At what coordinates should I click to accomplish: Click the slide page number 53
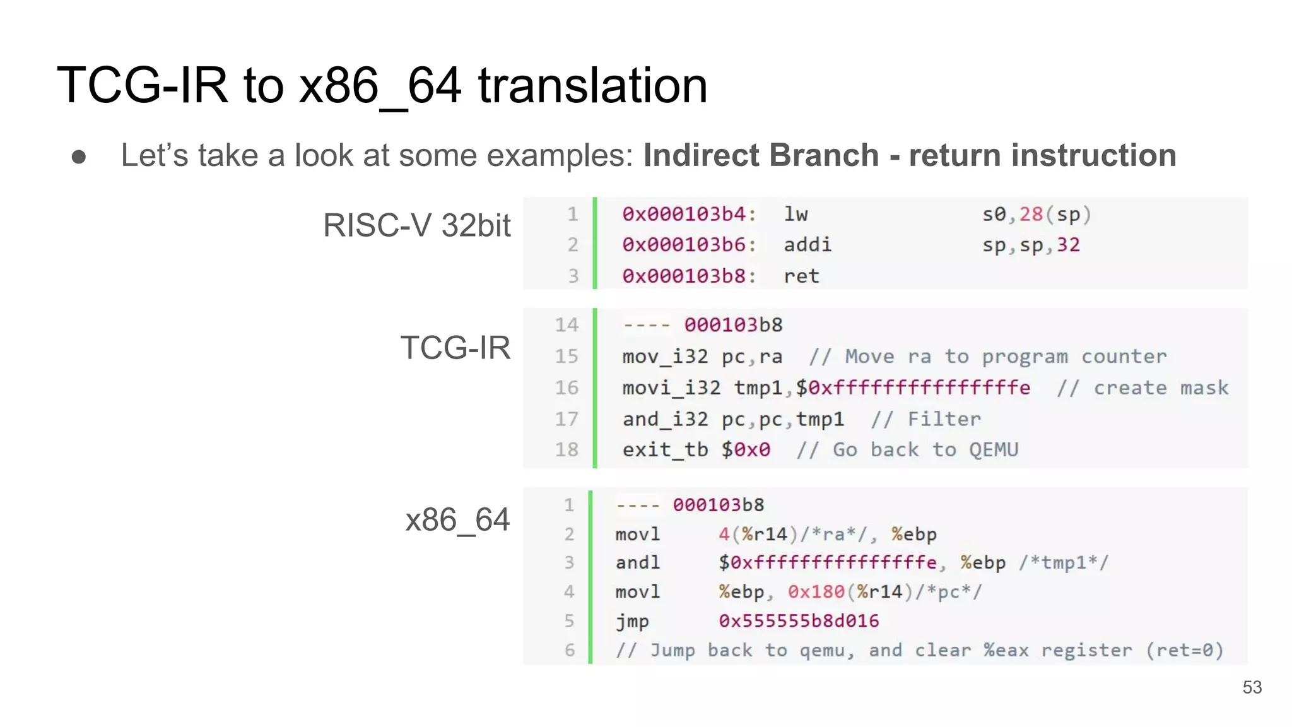tap(1252, 687)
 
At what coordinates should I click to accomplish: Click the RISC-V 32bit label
tap(416, 225)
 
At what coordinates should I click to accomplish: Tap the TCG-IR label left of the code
tap(455, 348)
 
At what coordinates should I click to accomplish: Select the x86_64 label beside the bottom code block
tap(457, 520)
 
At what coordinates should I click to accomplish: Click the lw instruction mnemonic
tap(796, 215)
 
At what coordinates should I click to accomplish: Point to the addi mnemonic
tap(807, 245)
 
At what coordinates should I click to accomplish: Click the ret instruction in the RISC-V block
tap(801, 276)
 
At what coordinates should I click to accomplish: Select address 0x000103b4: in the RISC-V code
tap(689, 215)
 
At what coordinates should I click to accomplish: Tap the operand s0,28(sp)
tap(1036, 215)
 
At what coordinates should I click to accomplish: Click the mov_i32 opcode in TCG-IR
tap(665, 357)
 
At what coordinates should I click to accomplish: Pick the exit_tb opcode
tap(665, 450)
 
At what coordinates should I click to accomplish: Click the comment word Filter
tap(944, 419)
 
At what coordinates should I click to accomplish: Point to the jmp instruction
tap(632, 621)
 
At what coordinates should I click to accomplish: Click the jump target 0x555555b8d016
tap(799, 621)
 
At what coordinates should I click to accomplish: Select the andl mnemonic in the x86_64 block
tap(638, 562)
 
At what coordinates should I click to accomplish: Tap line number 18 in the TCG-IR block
tap(567, 450)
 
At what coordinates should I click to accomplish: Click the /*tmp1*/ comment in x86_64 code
tap(1064, 562)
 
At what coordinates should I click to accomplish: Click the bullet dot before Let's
tap(79, 157)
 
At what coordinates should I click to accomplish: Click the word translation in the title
tap(592, 85)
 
